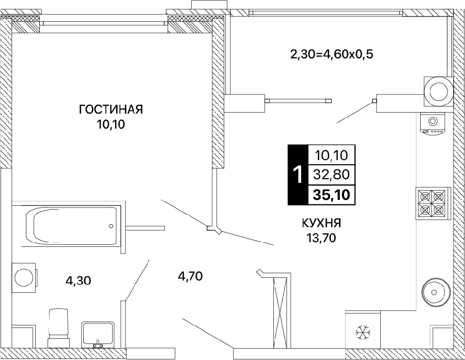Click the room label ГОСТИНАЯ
(x=111, y=109)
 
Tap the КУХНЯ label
(x=321, y=223)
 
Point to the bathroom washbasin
(x=98, y=334)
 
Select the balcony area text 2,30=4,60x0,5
(x=331, y=55)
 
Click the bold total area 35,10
(x=332, y=195)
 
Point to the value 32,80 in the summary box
(x=332, y=175)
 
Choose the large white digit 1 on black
(x=298, y=175)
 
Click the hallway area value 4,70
(x=190, y=276)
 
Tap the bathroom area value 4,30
(x=79, y=280)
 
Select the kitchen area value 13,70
(x=322, y=238)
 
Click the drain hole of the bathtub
(x=111, y=226)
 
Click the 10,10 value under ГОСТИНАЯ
(x=111, y=124)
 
